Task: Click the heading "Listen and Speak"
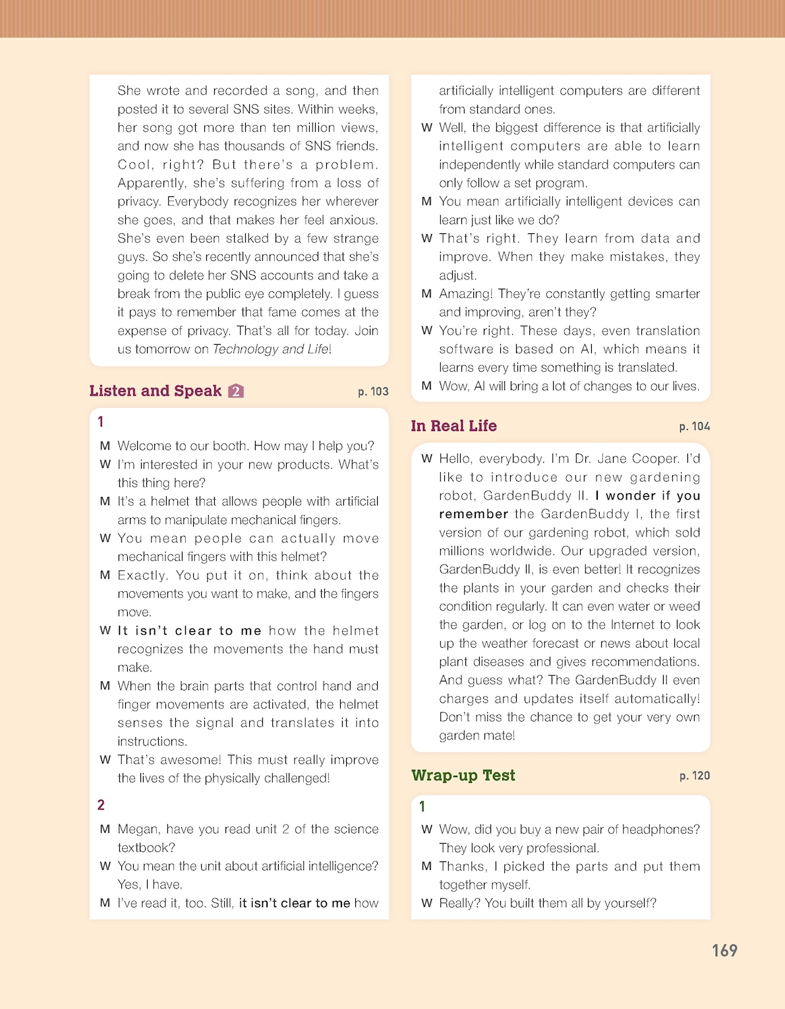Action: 155,391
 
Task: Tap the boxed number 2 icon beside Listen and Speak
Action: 236,391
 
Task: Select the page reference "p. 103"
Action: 373,391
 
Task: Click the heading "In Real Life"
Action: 453,426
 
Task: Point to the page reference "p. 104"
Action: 695,426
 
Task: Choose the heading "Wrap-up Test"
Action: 463,775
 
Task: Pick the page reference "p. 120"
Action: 695,776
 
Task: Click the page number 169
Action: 724,950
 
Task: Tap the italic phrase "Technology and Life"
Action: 270,349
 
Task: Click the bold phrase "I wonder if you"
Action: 647,496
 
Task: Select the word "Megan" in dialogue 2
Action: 137,829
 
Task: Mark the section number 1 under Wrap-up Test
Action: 422,806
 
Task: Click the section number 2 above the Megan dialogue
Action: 101,805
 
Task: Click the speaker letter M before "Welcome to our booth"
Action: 105,446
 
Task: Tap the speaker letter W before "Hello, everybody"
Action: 427,459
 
